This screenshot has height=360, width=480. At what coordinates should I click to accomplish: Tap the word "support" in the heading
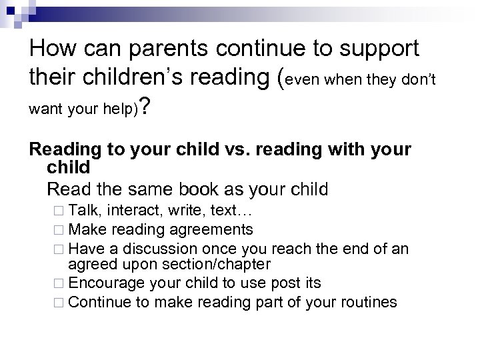click(x=373, y=49)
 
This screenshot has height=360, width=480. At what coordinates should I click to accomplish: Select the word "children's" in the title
click(x=135, y=79)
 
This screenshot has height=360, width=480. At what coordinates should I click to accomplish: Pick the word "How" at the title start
click(x=54, y=49)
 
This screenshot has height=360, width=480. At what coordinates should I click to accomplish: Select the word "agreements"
click(x=213, y=230)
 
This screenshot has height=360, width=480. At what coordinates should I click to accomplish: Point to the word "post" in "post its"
click(x=282, y=283)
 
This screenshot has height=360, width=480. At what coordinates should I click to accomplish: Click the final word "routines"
click(x=366, y=302)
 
